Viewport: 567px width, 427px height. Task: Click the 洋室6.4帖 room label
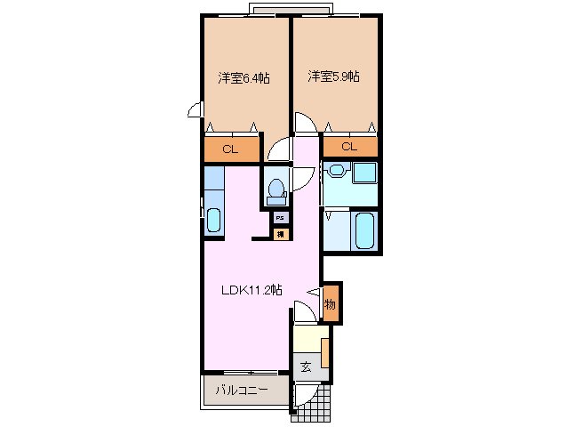(x=244, y=77)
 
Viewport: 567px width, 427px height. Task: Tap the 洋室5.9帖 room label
(x=334, y=77)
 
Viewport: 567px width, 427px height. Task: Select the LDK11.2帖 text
(x=252, y=289)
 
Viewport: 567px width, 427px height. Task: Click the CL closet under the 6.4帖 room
(x=230, y=149)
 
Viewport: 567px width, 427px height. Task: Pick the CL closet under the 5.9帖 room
(x=348, y=147)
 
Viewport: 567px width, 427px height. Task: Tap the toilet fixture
(x=276, y=188)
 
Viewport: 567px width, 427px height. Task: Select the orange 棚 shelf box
(x=280, y=234)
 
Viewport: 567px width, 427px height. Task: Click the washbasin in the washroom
(x=337, y=172)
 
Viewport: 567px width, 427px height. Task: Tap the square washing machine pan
(x=363, y=173)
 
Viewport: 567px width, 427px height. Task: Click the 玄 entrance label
(x=305, y=367)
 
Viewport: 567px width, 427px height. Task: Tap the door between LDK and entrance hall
(x=302, y=312)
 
